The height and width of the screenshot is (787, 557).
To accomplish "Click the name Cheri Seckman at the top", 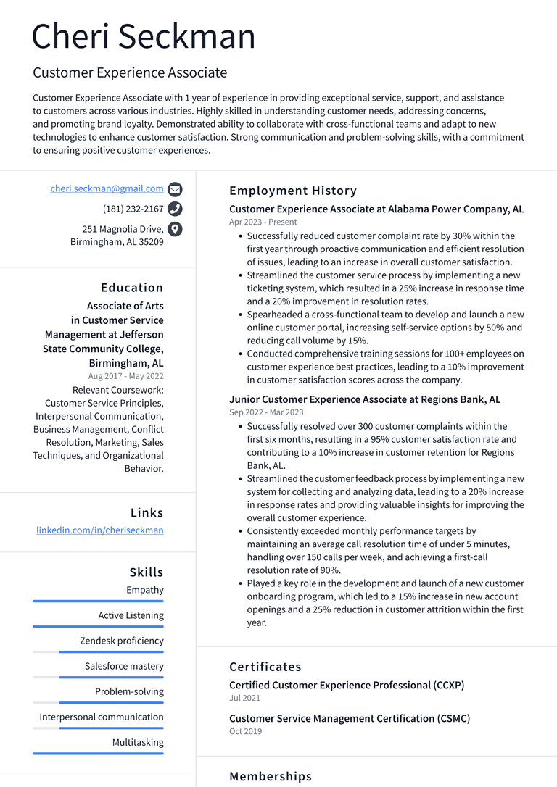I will point(144,36).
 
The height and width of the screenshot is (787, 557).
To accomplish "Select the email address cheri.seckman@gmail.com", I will point(107,188).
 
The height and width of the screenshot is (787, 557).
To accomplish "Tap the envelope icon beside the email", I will point(175,190).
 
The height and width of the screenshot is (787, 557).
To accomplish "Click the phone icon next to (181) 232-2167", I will point(175,209).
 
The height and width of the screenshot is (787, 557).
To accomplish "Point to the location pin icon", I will point(175,230).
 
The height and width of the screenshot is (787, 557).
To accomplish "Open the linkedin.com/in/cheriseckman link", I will point(100,530).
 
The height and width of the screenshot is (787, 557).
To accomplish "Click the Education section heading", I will point(132,288).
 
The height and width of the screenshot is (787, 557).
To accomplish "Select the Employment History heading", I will point(293,191).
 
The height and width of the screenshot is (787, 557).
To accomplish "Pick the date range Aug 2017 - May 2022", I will point(126,376).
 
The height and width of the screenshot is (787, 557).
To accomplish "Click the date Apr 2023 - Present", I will point(263,222).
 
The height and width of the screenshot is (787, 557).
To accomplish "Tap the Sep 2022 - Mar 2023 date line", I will point(266,412).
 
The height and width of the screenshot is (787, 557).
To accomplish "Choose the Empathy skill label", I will point(145,590).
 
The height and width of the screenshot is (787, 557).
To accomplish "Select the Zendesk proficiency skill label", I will point(122,641).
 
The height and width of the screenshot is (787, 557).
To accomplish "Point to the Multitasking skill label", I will point(138,742).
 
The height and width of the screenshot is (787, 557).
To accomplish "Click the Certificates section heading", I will point(265,667).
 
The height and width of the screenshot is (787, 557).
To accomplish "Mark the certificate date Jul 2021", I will point(244,699).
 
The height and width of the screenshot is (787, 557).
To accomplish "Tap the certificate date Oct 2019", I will point(245,732).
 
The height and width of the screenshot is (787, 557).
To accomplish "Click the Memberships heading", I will point(271,776).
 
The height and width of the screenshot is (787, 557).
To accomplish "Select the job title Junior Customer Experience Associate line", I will point(365,399).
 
